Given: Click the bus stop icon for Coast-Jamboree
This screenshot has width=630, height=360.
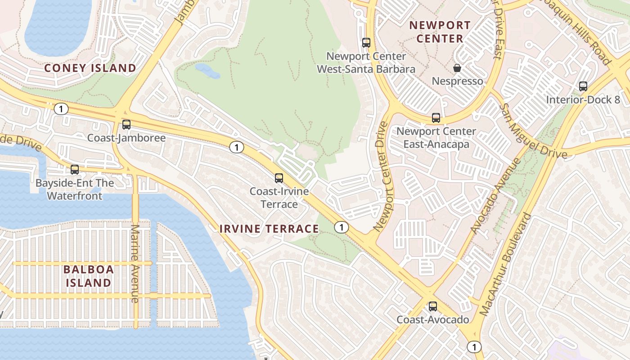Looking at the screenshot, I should point(126,125).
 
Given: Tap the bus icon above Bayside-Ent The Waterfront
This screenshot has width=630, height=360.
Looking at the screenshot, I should point(75,170).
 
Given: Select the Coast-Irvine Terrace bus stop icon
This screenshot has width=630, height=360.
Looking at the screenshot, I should point(279,178).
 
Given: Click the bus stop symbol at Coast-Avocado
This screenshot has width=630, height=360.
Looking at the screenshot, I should point(433,306).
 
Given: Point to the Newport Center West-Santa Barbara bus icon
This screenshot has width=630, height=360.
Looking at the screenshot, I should point(366,43).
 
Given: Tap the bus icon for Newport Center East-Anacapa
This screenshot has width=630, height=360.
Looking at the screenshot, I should point(436,118).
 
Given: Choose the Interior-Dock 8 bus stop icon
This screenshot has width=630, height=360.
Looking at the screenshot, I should point(583,86).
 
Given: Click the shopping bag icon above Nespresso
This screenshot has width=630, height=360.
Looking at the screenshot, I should point(457,68).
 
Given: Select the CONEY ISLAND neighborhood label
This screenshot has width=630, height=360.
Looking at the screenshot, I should point(90,68).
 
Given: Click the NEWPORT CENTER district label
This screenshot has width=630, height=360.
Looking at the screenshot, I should point(440,32).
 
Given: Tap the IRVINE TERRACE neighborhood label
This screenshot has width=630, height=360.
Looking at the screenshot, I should point(269,229).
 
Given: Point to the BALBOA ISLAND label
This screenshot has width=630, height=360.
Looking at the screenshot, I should point(89,276).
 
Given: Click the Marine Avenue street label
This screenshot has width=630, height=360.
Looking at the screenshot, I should point(135,263).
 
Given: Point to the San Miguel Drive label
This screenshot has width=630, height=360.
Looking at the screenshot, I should point(534,131).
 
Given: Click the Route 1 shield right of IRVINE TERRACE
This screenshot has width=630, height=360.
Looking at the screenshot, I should point(342,227).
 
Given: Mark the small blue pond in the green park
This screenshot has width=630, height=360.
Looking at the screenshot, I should point(207,71).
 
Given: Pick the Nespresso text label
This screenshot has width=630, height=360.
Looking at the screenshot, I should point(457,81).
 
